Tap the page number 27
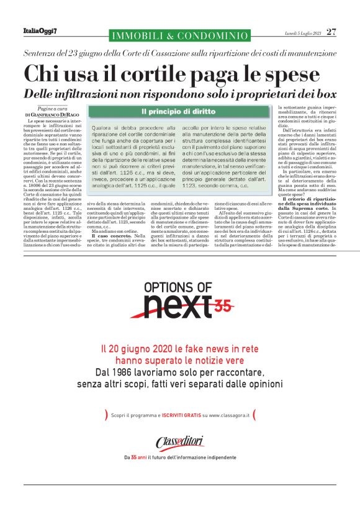coord(331,31)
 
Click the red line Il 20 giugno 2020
coord(179,349)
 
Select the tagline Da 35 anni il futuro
coord(180,457)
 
